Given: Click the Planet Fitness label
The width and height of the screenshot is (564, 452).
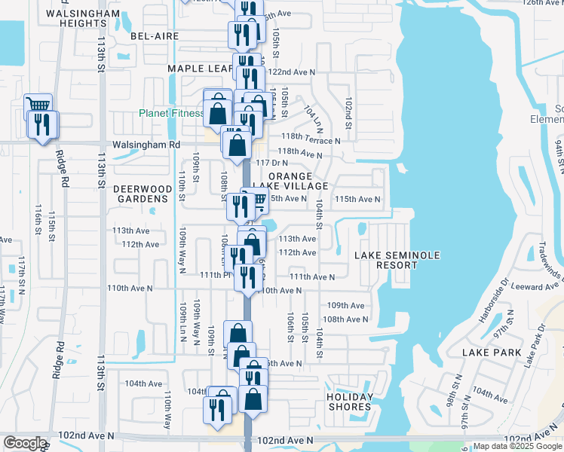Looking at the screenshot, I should point(171,114).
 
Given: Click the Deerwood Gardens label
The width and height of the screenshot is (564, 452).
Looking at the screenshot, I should point(140,194).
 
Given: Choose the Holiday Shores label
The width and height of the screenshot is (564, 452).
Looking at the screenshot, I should point(350,402).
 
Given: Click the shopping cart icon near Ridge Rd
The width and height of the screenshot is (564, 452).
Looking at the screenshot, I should point(38,105).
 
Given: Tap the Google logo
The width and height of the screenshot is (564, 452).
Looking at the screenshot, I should point(25,443).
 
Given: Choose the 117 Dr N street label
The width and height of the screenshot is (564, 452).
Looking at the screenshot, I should point(272,163).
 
